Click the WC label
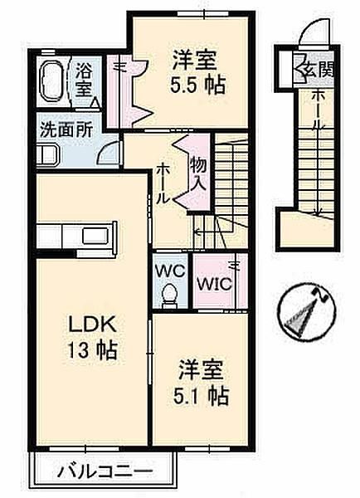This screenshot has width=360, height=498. click(169, 271)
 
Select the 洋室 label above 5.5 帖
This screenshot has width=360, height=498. click(196, 61)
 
